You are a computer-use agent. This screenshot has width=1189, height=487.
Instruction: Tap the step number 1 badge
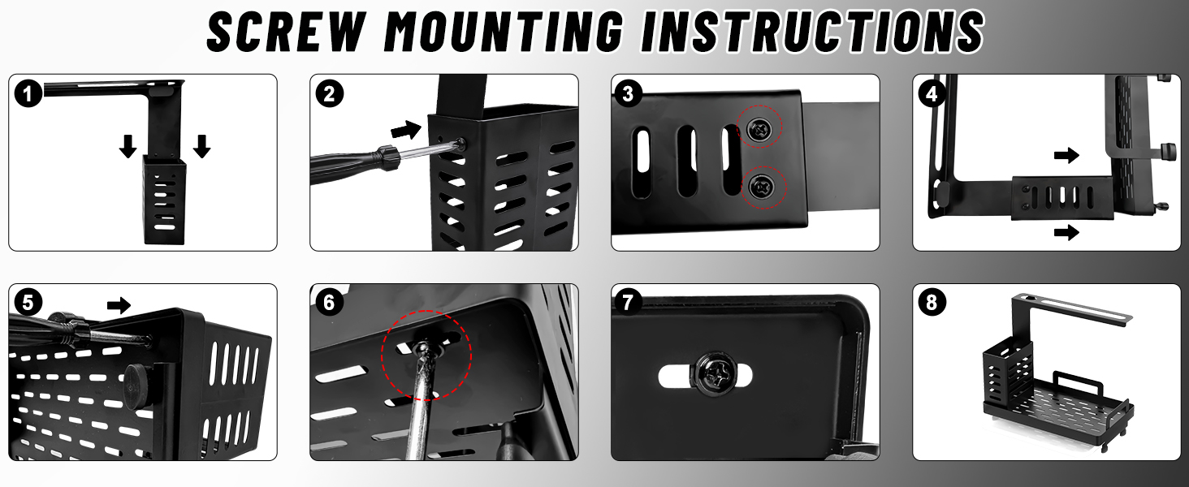click(x=28, y=94)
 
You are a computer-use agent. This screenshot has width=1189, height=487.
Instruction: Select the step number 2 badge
click(x=329, y=94)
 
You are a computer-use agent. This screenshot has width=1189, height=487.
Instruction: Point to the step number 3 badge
click(x=628, y=94)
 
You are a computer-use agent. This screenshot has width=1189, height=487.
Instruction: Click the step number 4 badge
click(x=931, y=94)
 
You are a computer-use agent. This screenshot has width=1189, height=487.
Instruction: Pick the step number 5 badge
click(x=28, y=304)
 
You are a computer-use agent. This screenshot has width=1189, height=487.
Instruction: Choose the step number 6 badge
click(x=329, y=303)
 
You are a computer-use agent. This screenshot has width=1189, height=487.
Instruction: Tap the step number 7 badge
click(x=628, y=303)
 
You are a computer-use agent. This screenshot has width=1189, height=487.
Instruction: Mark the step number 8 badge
click(x=932, y=303)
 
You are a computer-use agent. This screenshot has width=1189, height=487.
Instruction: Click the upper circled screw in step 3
click(x=759, y=127)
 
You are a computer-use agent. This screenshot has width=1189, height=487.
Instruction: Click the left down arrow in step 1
click(x=128, y=146)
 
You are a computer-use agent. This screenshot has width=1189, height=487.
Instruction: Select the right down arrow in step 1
click(x=201, y=146)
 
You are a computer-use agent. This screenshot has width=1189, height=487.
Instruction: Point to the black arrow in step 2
click(x=406, y=129)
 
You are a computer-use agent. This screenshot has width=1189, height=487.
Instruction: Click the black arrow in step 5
click(x=119, y=305)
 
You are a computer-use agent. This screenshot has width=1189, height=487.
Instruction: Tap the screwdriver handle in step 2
click(x=353, y=164)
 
